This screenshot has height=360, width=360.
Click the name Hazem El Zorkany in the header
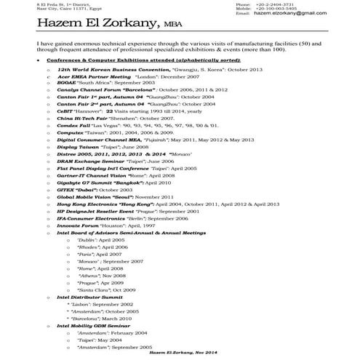[97, 27]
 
